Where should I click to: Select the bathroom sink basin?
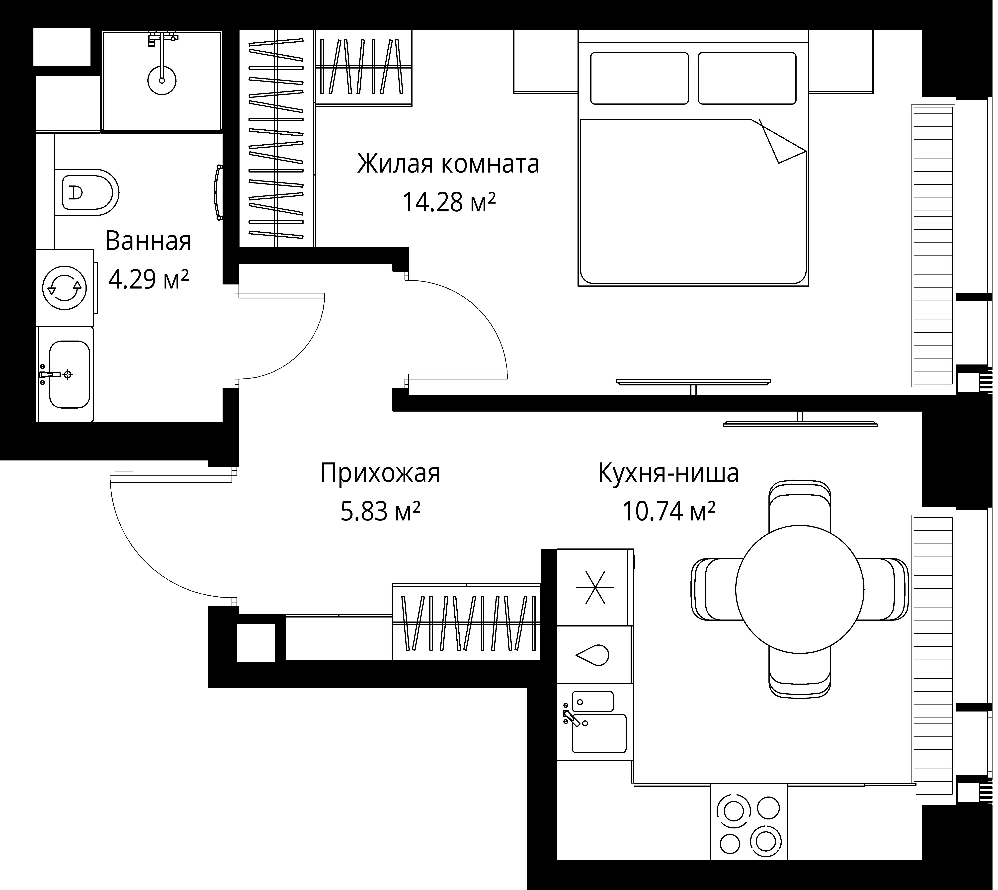point(69,375)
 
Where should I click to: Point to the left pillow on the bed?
point(639,78)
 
